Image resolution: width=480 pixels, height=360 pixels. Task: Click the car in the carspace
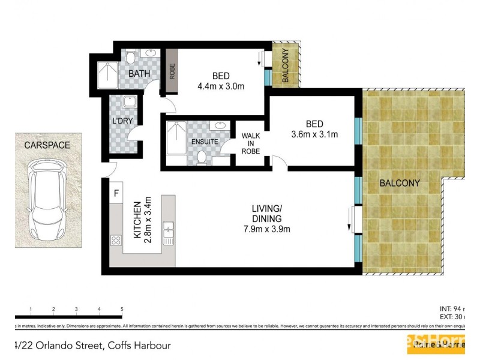pos(47,200)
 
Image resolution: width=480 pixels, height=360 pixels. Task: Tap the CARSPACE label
pos(47,145)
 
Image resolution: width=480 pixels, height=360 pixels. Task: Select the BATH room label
pos(140,74)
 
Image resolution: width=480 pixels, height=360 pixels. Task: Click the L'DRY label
pos(122,121)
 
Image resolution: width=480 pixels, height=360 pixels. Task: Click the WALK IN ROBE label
pos(251,143)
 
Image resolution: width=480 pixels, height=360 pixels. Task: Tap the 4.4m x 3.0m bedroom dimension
pos(221,86)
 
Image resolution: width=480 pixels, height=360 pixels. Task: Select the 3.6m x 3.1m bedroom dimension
pos(314,134)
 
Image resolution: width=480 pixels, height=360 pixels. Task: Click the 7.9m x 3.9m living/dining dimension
pos(267,229)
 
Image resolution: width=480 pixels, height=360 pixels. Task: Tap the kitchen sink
pos(169,233)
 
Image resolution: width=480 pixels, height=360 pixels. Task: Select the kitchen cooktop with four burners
pos(116,240)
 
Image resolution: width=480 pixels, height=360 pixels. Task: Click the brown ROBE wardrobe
pos(172,71)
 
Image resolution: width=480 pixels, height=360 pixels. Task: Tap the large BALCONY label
pos(399,183)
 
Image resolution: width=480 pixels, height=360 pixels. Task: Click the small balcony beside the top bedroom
pos(284,65)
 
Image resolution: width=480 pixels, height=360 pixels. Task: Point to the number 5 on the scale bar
pos(122,310)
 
